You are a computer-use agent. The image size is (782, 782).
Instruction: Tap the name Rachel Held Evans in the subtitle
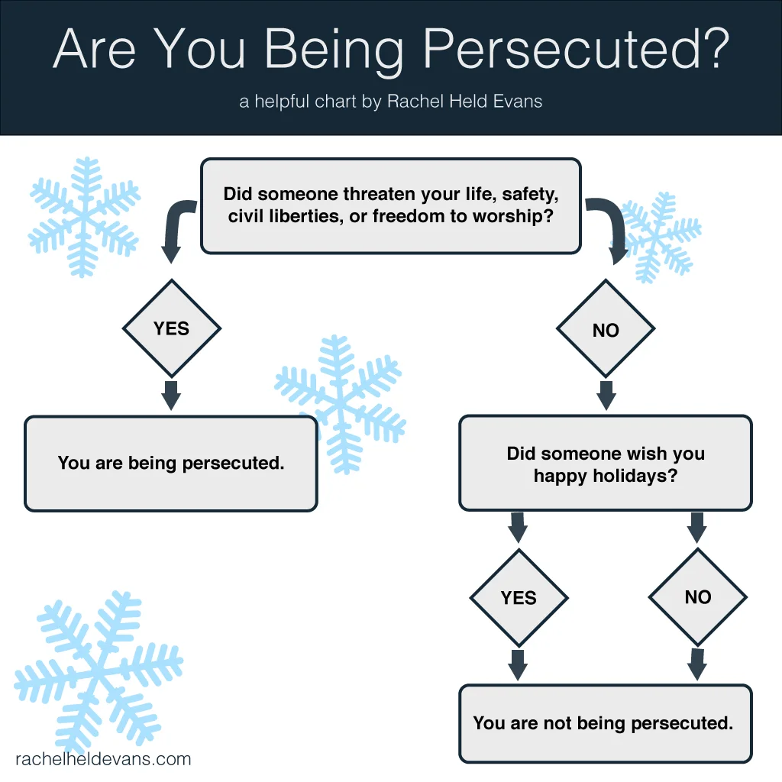[x=464, y=102]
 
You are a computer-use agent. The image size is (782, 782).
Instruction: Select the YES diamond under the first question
[x=171, y=328]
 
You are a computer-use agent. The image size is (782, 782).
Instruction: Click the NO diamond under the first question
[x=606, y=330]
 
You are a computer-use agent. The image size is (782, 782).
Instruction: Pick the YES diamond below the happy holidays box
[x=519, y=597]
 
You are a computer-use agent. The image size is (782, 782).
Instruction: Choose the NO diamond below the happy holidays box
[x=697, y=597]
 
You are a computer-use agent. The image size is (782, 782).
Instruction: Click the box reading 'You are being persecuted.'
[x=171, y=463]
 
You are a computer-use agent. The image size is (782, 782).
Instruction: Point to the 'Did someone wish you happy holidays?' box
[x=605, y=464]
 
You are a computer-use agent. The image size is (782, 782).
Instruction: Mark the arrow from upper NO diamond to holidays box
[x=606, y=394]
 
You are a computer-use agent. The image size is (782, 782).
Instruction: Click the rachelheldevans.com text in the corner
[x=103, y=759]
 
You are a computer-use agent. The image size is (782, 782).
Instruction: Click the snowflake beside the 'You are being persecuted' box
[x=340, y=401]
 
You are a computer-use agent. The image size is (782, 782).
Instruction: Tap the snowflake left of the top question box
[x=84, y=216]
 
